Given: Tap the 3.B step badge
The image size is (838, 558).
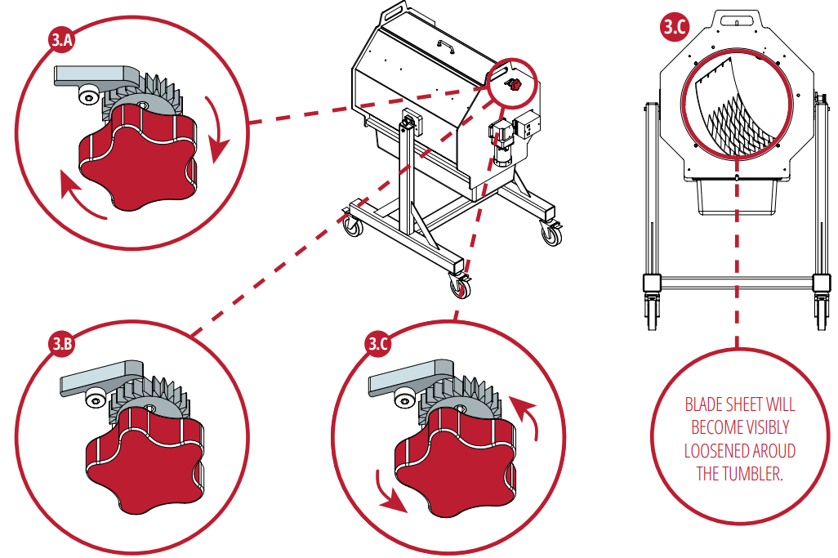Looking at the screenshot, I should click(63, 344).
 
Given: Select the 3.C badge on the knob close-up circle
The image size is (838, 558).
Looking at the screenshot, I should click(377, 344).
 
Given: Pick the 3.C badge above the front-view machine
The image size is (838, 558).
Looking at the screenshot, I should click(674, 27).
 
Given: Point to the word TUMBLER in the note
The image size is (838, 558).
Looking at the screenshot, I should click(749, 474).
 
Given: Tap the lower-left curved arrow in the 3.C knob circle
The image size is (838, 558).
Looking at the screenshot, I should click(389, 490).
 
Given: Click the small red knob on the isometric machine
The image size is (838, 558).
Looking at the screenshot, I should click(513, 84).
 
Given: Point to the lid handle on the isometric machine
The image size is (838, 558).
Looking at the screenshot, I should click(444, 44).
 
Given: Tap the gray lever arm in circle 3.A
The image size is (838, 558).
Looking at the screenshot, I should click(90, 75).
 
